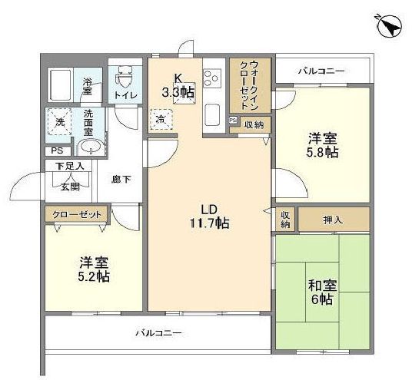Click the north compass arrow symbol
pos(390,25)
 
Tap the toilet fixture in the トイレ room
pos(124,77)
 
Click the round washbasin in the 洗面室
pos(91,147)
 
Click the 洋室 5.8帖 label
pos(321,146)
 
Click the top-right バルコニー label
pos(323,71)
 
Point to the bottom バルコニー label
pos(159,333)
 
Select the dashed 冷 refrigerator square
pos(161,120)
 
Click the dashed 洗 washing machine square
pos(60,123)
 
